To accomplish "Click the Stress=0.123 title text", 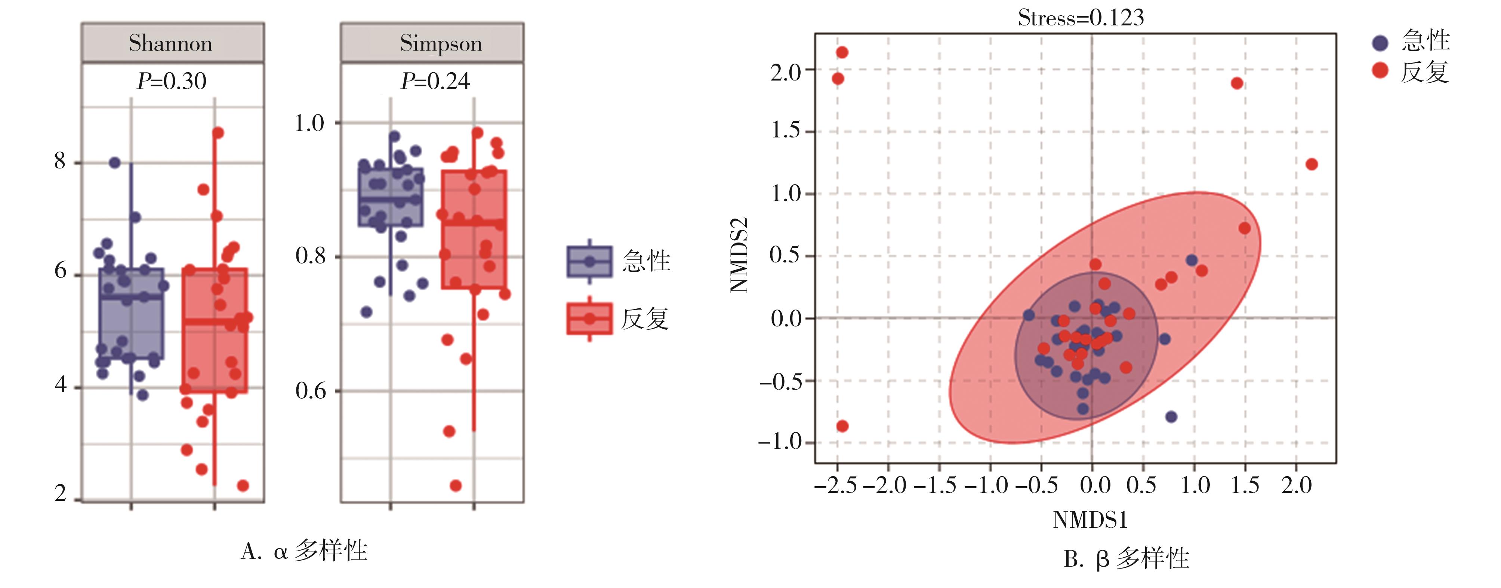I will (1081, 18).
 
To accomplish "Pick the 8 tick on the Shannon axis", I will (60, 161).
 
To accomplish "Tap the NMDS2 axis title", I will (739, 255).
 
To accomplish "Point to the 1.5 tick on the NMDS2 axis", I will (786, 131).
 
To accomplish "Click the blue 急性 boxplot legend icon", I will (589, 261).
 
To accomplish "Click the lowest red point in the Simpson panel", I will (456, 485).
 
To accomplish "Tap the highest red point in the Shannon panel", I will (218, 133).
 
